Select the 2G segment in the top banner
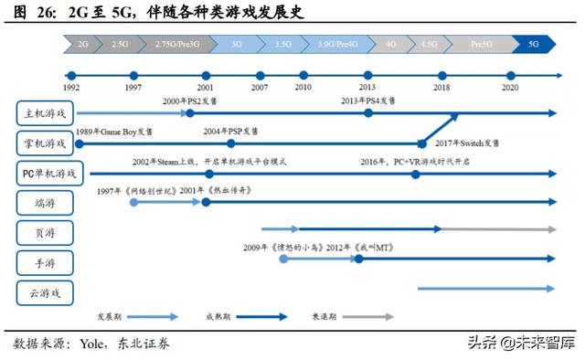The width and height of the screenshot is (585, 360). pyautogui.click(x=83, y=43)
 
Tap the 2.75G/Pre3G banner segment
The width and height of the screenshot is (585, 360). pyautogui.click(x=176, y=43)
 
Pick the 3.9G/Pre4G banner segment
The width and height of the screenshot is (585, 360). pyautogui.click(x=338, y=43)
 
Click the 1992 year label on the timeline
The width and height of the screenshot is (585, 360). pyautogui.click(x=70, y=88)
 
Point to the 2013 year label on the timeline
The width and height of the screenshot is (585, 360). pyautogui.click(x=367, y=88)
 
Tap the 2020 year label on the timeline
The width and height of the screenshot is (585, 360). pyautogui.click(x=510, y=88)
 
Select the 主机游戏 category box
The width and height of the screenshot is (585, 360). pyautogui.click(x=46, y=113)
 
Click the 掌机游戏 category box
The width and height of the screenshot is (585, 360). pyautogui.click(x=46, y=143)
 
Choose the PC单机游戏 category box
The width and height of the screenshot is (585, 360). pyautogui.click(x=49, y=173)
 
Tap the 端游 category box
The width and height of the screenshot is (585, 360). pyautogui.click(x=46, y=202)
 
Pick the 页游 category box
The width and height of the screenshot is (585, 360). pyautogui.click(x=46, y=232)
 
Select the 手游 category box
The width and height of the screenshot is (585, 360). pyautogui.click(x=46, y=262)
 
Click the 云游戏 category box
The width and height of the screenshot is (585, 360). pyautogui.click(x=46, y=292)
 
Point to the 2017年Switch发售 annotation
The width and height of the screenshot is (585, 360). pyautogui.click(x=467, y=143)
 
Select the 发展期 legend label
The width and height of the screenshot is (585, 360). pyautogui.click(x=111, y=317)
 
